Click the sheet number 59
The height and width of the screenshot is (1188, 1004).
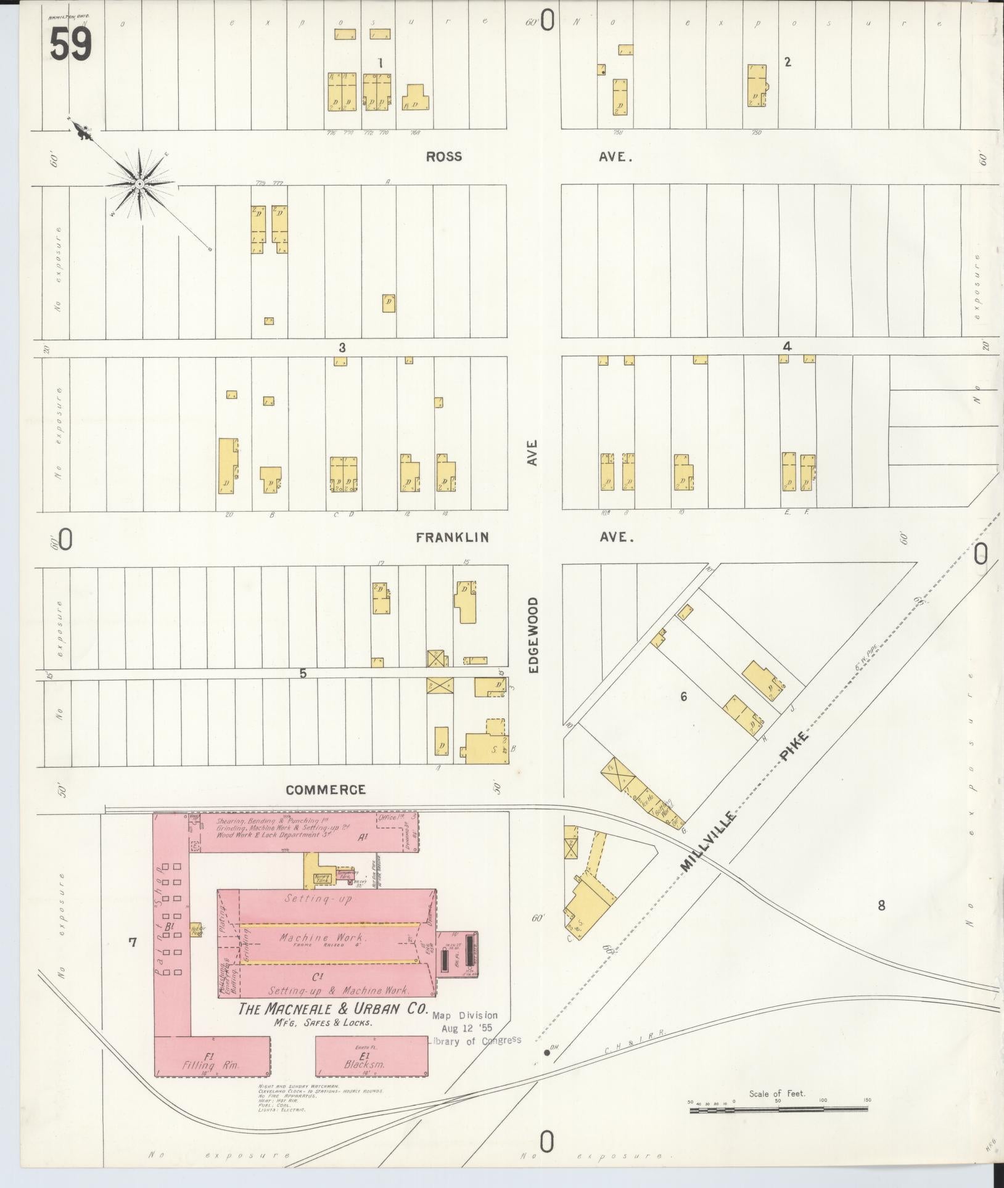tap(71, 44)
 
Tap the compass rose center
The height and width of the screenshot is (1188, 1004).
tap(140, 184)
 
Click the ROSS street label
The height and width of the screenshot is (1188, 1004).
tap(444, 157)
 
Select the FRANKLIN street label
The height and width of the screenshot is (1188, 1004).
tap(453, 538)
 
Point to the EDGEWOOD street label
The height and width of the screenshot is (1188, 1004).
tap(534, 634)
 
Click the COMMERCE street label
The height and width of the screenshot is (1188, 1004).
tap(326, 790)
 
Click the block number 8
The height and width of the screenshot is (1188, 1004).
tap(881, 905)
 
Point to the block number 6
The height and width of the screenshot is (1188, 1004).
tap(683, 697)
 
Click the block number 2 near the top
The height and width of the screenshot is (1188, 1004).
tap(788, 62)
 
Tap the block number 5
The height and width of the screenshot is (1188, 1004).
tap(303, 673)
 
